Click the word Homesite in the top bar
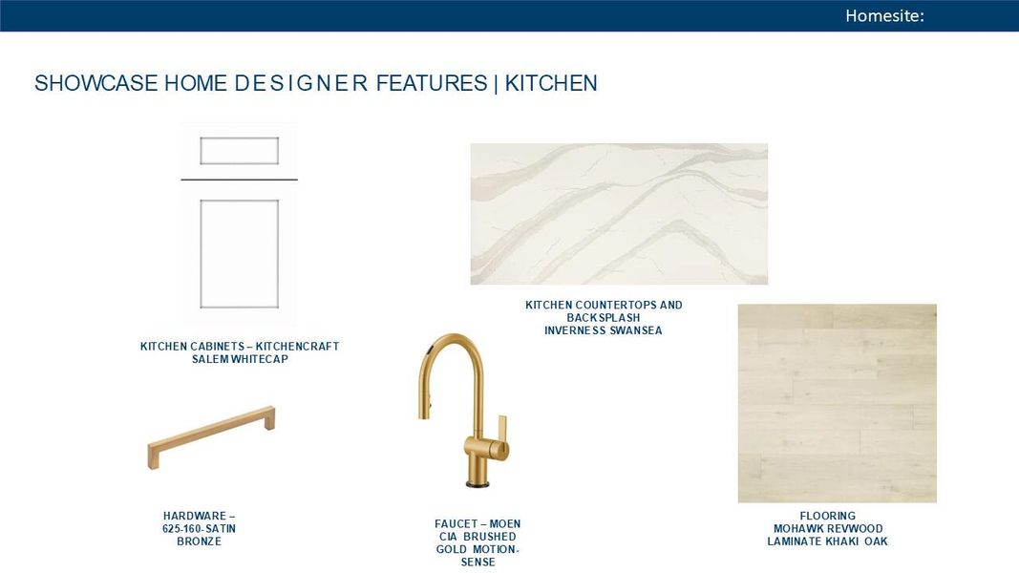[882, 15]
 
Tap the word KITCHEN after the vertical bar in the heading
[551, 83]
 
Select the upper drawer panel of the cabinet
[239, 151]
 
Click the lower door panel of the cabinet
[239, 254]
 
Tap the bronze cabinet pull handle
[211, 437]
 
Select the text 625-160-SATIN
[199, 529]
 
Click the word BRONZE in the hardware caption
[199, 541]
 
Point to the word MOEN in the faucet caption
[504, 524]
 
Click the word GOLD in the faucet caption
[452, 550]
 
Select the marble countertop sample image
[619, 214]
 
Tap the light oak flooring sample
[837, 403]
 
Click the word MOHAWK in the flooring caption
[796, 529]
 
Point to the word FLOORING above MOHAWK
[827, 517]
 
